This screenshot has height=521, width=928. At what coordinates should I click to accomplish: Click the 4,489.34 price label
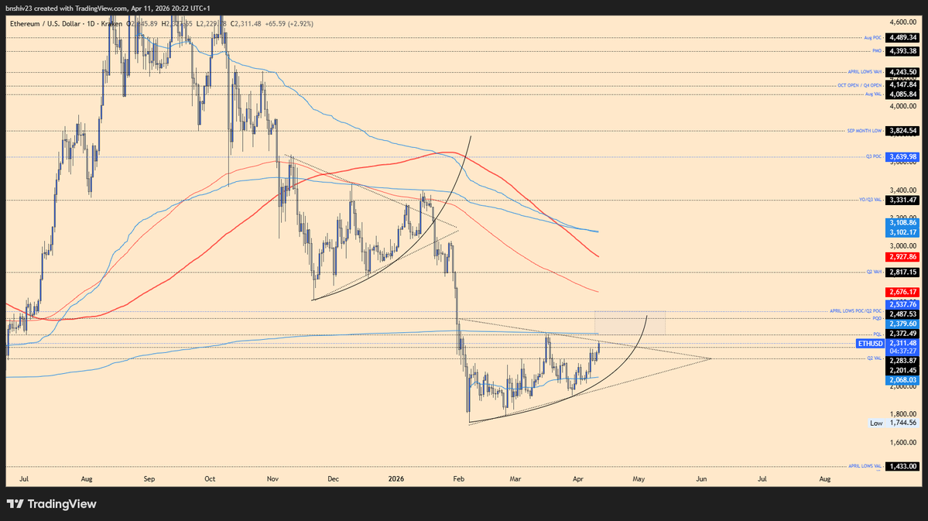(x=903, y=37)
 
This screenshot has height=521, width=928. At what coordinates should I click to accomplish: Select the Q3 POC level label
(x=873, y=157)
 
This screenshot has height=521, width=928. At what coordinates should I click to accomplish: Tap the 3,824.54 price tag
(x=903, y=131)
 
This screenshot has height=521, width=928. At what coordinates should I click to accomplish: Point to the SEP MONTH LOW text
(x=865, y=131)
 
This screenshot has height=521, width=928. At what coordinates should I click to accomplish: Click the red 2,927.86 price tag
(x=903, y=256)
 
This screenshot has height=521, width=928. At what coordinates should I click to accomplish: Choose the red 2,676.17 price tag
(x=903, y=292)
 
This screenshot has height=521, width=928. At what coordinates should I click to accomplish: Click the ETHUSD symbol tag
(x=870, y=343)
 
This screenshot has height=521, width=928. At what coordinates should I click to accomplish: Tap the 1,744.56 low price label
(x=903, y=423)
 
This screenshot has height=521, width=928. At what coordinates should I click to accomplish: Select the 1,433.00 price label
(x=903, y=467)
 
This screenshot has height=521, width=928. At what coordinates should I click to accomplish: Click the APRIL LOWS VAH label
(x=865, y=72)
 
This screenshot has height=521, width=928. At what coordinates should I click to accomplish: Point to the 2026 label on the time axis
(x=394, y=479)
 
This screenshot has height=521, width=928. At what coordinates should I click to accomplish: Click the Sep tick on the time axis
(x=149, y=479)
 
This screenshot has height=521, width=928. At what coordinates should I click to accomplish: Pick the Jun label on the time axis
(x=701, y=479)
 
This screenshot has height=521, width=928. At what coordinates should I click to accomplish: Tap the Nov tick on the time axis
(x=272, y=479)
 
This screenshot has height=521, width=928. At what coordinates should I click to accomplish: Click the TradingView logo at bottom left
(x=52, y=504)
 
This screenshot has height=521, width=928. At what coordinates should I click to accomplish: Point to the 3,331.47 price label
(x=903, y=200)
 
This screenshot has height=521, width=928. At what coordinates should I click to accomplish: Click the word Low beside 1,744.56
(x=876, y=423)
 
